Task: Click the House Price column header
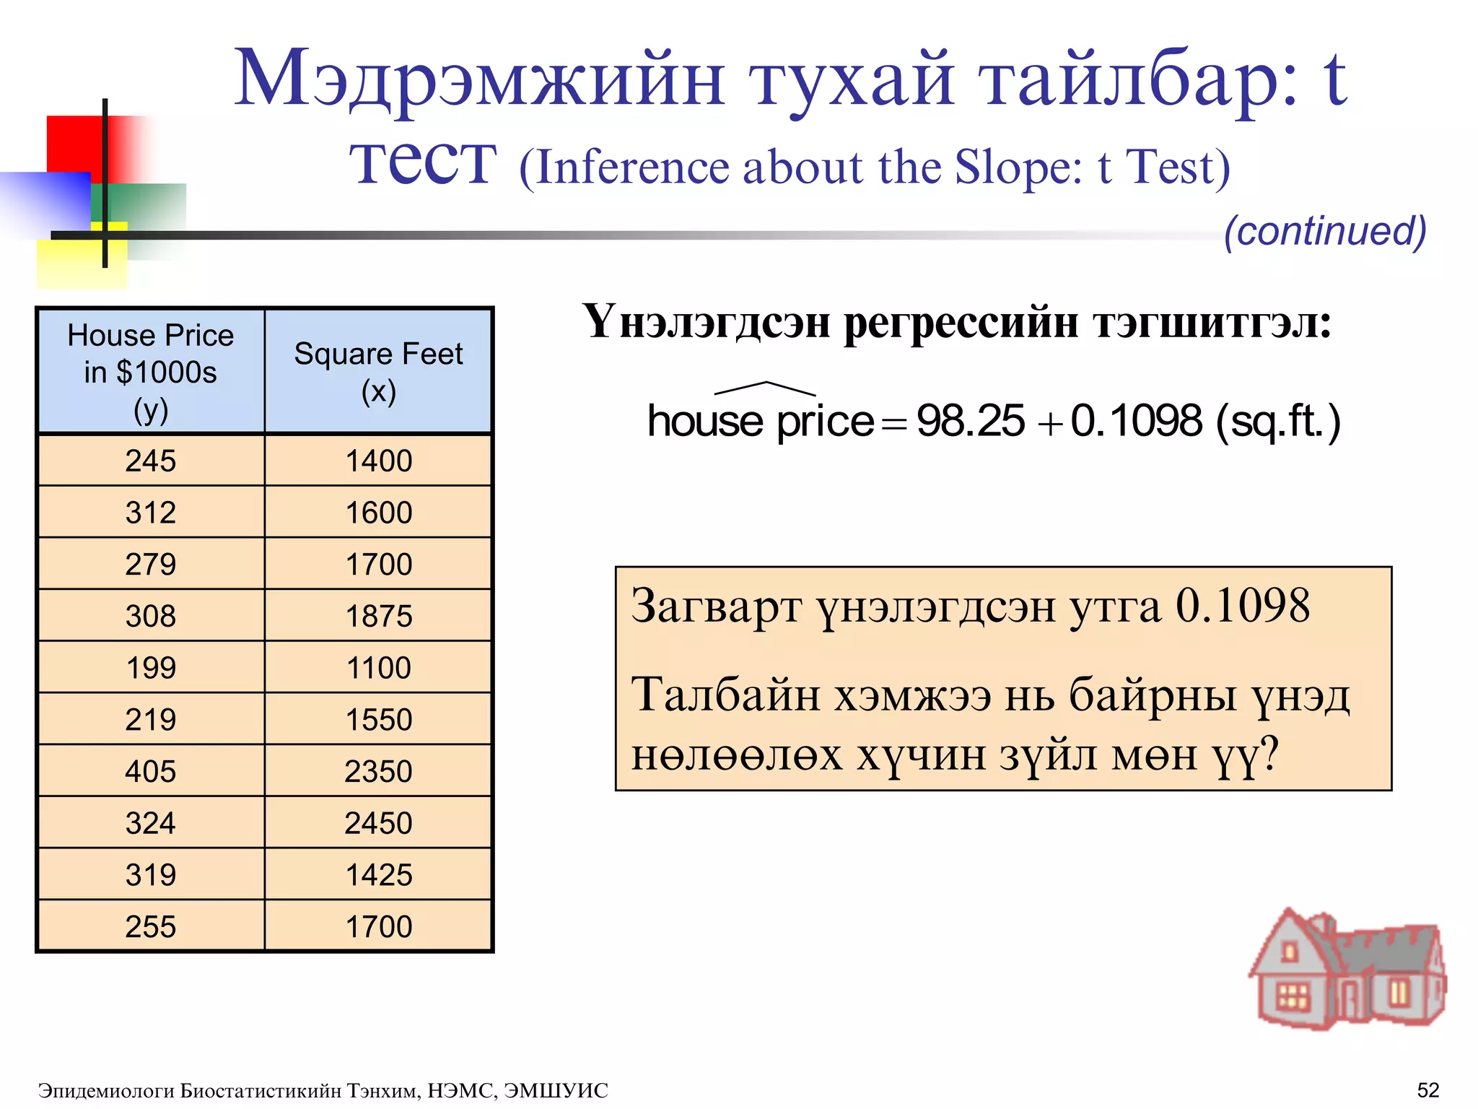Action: pyautogui.click(x=151, y=371)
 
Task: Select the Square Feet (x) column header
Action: pyautogui.click(x=378, y=371)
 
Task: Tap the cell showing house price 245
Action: pyautogui.click(x=151, y=461)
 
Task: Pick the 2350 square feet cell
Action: pyautogui.click(x=378, y=771)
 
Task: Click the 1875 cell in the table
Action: pyautogui.click(x=378, y=616)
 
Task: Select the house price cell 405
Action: pyautogui.click(x=151, y=771)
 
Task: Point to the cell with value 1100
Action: pyautogui.click(x=378, y=668)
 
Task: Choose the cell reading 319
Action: pyautogui.click(x=151, y=875)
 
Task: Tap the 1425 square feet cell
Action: pyautogui.click(x=378, y=875)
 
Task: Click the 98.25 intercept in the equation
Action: pyautogui.click(x=970, y=421)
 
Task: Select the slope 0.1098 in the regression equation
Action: pyautogui.click(x=1137, y=421)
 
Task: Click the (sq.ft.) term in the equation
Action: pyautogui.click(x=1278, y=421)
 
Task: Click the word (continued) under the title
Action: pyautogui.click(x=1325, y=231)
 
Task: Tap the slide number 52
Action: pyautogui.click(x=1428, y=1090)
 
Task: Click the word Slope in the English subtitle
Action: pyautogui.click(x=1018, y=168)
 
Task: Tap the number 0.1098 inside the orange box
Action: pyautogui.click(x=1242, y=605)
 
